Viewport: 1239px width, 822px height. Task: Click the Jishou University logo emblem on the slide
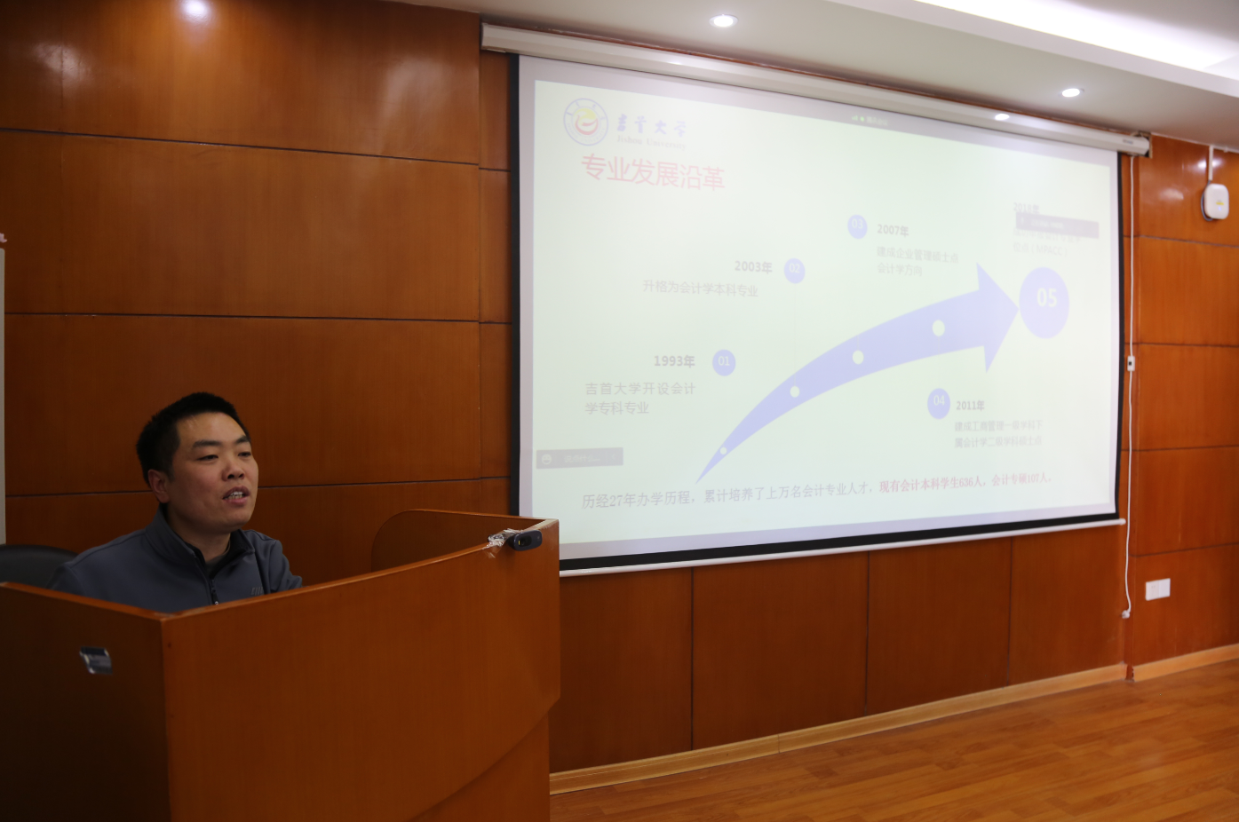[x=586, y=121]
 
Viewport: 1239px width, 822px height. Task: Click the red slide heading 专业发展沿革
[x=653, y=172]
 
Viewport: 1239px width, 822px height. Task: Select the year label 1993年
[x=674, y=361]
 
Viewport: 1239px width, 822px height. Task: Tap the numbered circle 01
[x=724, y=361]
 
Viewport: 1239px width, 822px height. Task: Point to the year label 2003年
[x=753, y=266]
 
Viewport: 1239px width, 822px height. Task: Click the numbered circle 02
[x=795, y=270]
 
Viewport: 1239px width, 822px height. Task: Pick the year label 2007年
[x=893, y=230]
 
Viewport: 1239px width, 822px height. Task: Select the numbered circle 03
[x=857, y=225]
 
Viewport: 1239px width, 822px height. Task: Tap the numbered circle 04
[x=939, y=402]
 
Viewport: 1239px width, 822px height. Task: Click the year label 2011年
[x=970, y=406]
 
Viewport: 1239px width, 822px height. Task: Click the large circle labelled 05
[x=1045, y=300]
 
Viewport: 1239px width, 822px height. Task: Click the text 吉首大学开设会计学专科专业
[x=639, y=399]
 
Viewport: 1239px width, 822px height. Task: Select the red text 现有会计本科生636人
[x=931, y=483]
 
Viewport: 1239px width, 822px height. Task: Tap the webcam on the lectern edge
[x=524, y=539]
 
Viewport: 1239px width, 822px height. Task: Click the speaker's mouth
[x=236, y=495]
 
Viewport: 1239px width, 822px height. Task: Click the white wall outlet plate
[x=1157, y=589]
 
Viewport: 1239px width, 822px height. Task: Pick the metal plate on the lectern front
[x=96, y=660]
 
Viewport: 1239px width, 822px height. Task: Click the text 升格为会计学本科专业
[x=700, y=289]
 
